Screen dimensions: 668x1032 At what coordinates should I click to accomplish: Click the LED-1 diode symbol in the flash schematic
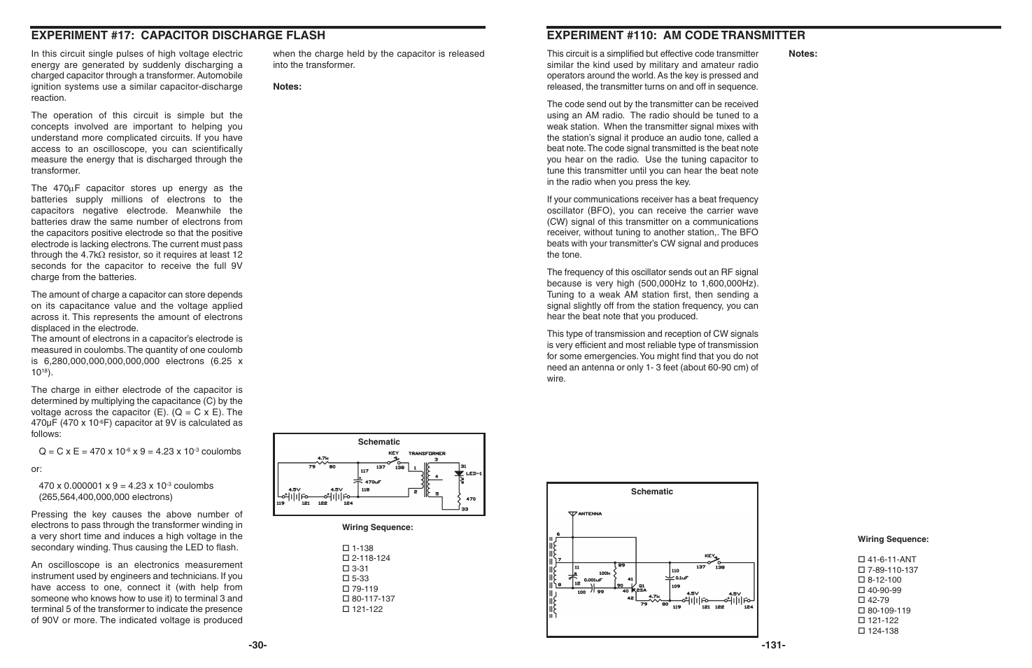460,474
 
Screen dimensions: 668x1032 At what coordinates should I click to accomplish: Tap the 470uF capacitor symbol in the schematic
359,480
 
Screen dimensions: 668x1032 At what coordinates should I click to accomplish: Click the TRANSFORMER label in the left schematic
427,454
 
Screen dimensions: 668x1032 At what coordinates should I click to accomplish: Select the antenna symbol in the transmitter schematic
573,515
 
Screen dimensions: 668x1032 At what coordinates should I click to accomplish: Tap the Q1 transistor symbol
634,587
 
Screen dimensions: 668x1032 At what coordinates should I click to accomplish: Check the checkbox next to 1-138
346,548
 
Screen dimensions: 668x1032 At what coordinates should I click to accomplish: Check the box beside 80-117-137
346,599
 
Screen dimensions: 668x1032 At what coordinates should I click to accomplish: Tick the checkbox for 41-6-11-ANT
861,559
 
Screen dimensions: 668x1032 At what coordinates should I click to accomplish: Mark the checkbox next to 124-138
861,631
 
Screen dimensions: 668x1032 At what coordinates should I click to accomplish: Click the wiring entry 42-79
879,600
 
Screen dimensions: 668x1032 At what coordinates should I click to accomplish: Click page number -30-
257,645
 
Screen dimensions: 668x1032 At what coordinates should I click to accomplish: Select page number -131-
773,645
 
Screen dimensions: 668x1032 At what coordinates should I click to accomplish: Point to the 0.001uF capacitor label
593,580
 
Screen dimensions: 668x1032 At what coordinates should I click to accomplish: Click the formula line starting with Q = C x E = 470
140,452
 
